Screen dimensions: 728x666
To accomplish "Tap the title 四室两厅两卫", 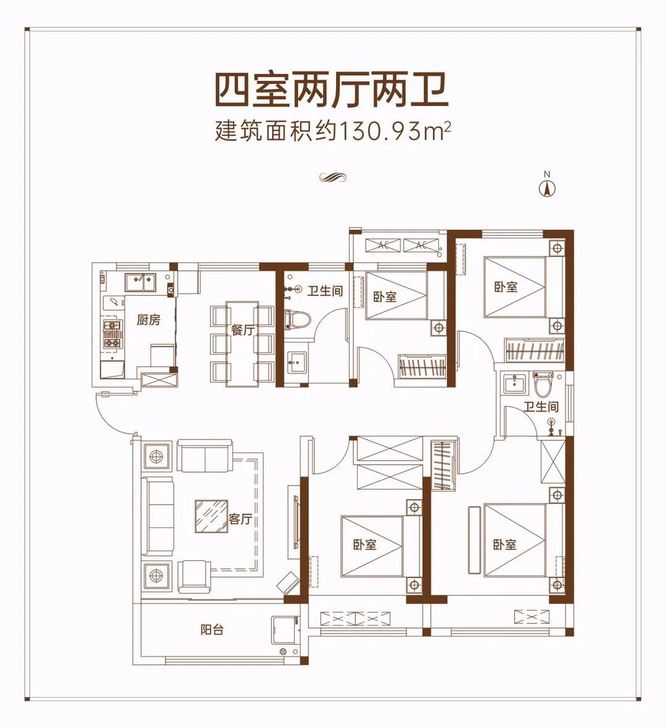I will (x=332, y=91).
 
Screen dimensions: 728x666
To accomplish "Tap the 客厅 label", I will (x=240, y=519).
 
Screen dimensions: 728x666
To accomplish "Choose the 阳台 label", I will (x=212, y=630).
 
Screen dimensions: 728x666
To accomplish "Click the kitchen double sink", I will (x=140, y=282).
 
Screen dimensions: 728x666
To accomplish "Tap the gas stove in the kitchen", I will (x=112, y=333).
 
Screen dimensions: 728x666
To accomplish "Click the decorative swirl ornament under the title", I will (x=332, y=178).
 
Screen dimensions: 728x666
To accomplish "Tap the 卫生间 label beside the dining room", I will (x=325, y=290).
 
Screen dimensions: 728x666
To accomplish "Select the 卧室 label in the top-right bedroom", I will (x=505, y=286).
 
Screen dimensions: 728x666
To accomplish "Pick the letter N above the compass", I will (x=546, y=174).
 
